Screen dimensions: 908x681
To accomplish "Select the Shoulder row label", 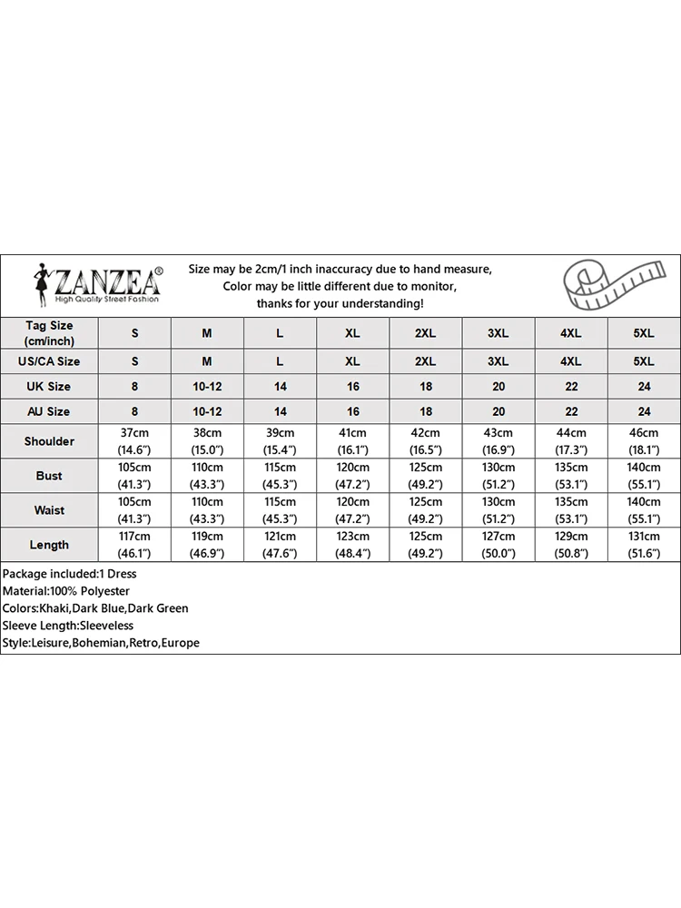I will [x=49, y=441].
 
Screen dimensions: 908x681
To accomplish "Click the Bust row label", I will [x=49, y=476].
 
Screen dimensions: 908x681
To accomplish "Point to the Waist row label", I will [x=49, y=510].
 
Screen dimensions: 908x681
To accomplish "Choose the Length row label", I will [x=49, y=545].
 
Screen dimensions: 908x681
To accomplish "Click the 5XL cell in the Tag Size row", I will [x=643, y=333].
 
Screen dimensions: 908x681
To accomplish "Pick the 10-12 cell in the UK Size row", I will [x=207, y=386].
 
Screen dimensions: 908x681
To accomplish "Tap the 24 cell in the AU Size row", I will [x=643, y=411].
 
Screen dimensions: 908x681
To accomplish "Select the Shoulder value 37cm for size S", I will [x=135, y=433].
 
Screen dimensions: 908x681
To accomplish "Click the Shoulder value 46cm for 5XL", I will [x=643, y=433].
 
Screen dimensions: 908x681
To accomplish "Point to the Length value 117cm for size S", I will [x=135, y=537].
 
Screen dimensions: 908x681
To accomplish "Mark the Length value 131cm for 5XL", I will [x=643, y=537].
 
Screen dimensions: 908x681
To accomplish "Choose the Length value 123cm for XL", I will [x=352, y=537].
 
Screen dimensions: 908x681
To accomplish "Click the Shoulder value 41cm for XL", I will [x=352, y=433].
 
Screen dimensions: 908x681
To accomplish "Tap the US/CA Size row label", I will [x=49, y=360].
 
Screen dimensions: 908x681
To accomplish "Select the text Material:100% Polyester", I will [x=66, y=591].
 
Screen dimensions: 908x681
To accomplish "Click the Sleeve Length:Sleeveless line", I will [x=68, y=626].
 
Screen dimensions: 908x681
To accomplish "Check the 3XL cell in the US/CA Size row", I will [x=498, y=360].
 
